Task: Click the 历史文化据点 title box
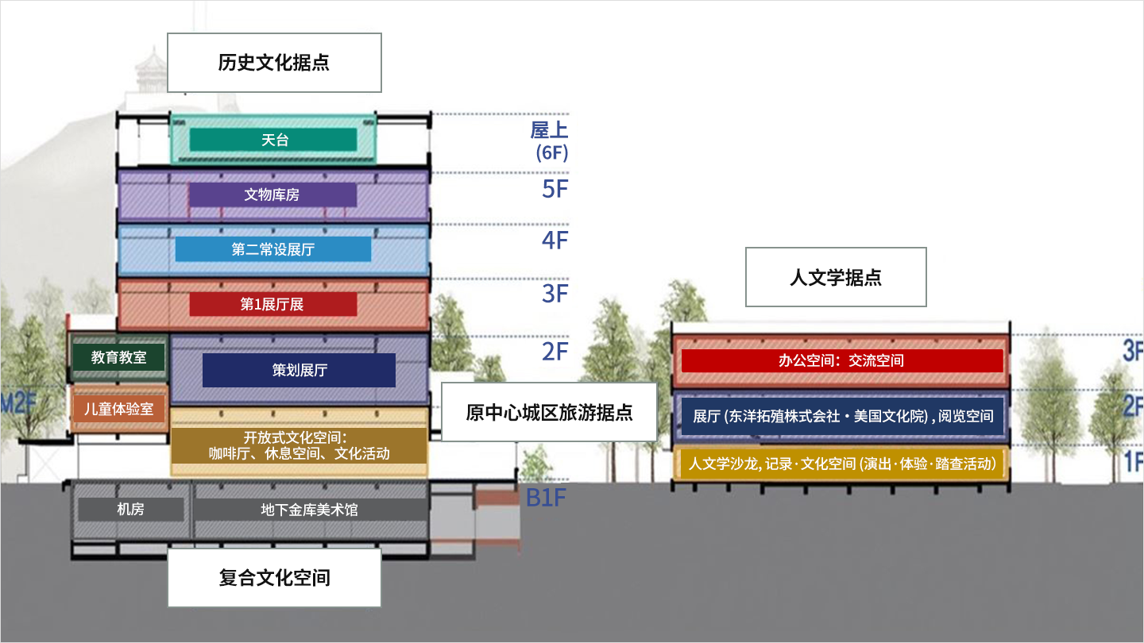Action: point(274,63)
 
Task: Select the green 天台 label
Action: point(274,140)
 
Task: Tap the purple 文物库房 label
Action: point(272,194)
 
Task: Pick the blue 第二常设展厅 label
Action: point(272,249)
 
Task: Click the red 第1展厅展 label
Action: point(272,304)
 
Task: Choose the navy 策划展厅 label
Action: point(299,370)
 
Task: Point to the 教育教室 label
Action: point(119,357)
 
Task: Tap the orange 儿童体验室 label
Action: point(119,410)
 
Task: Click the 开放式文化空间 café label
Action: point(300,445)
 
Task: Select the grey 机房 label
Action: point(130,509)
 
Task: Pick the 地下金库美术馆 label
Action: point(310,509)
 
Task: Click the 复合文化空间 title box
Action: point(274,577)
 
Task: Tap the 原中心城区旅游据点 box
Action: point(549,413)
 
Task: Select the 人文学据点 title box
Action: point(836,277)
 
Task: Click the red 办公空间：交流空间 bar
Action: point(841,360)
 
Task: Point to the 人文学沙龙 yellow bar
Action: point(841,464)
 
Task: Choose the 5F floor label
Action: point(555,189)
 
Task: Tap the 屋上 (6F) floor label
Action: point(550,141)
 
